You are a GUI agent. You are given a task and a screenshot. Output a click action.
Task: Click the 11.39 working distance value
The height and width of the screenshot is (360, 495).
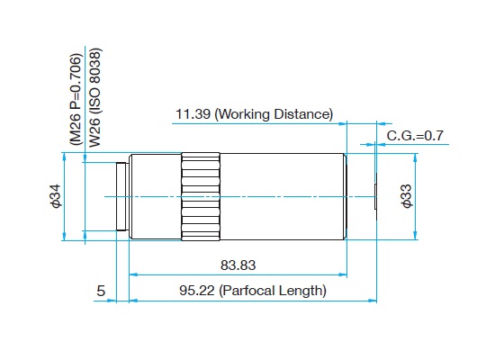click(193, 114)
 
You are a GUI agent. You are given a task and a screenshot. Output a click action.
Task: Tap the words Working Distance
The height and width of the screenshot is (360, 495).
click(274, 114)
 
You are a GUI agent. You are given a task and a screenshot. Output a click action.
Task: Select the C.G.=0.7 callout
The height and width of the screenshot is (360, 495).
click(415, 136)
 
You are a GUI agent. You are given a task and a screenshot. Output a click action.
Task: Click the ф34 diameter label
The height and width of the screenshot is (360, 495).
click(56, 196)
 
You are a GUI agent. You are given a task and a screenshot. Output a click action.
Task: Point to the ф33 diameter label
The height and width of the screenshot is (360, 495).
click(407, 196)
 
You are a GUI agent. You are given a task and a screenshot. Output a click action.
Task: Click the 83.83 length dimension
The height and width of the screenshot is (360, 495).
click(238, 265)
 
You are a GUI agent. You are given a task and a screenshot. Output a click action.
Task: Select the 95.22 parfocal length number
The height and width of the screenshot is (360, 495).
click(197, 291)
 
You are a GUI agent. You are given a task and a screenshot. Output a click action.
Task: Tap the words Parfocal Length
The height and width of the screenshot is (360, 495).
click(273, 291)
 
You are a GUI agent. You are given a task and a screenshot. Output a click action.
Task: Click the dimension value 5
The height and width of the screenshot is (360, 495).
click(101, 291)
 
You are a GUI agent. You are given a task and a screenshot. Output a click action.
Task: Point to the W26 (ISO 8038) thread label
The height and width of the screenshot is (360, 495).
click(95, 97)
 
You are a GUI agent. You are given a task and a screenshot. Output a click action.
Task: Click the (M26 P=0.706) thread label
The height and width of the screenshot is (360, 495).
click(76, 100)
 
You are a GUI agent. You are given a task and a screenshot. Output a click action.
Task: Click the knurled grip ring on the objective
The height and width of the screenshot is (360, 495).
click(201, 197)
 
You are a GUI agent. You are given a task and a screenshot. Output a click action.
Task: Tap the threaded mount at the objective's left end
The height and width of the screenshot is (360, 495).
click(121, 197)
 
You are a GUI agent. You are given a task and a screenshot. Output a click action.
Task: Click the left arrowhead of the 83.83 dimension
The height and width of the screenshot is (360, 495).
click(134, 274)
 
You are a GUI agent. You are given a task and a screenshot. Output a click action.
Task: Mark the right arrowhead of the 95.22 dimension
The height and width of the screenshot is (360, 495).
click(373, 301)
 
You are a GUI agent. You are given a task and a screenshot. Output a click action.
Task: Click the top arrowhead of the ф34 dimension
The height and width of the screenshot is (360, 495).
click(65, 157)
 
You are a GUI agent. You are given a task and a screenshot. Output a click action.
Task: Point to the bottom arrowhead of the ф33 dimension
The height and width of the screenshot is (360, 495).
click(415, 235)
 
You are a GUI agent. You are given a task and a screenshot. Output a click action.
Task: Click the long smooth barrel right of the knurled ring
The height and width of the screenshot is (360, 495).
click(283, 197)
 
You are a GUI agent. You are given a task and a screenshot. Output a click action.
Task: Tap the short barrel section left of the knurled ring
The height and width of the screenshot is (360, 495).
click(156, 197)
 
